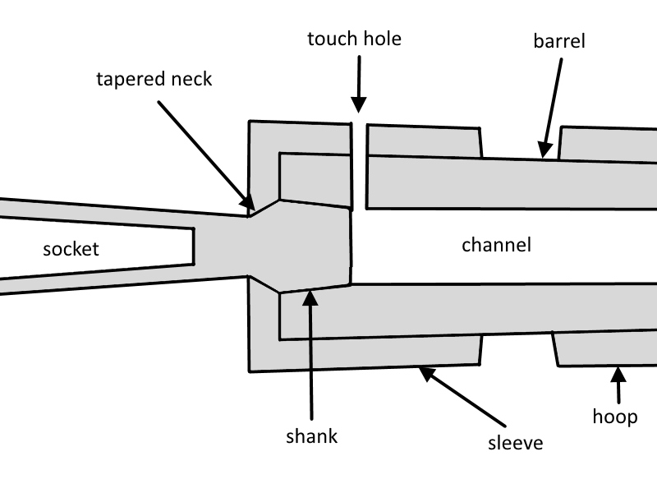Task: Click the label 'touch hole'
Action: [354, 39]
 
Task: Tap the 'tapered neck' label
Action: [154, 80]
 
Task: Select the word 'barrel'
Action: [558, 41]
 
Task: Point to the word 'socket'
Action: [71, 248]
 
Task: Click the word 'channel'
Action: [496, 244]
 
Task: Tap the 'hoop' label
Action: [615, 416]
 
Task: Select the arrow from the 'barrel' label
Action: [553, 107]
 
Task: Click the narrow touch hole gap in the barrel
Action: [358, 164]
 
